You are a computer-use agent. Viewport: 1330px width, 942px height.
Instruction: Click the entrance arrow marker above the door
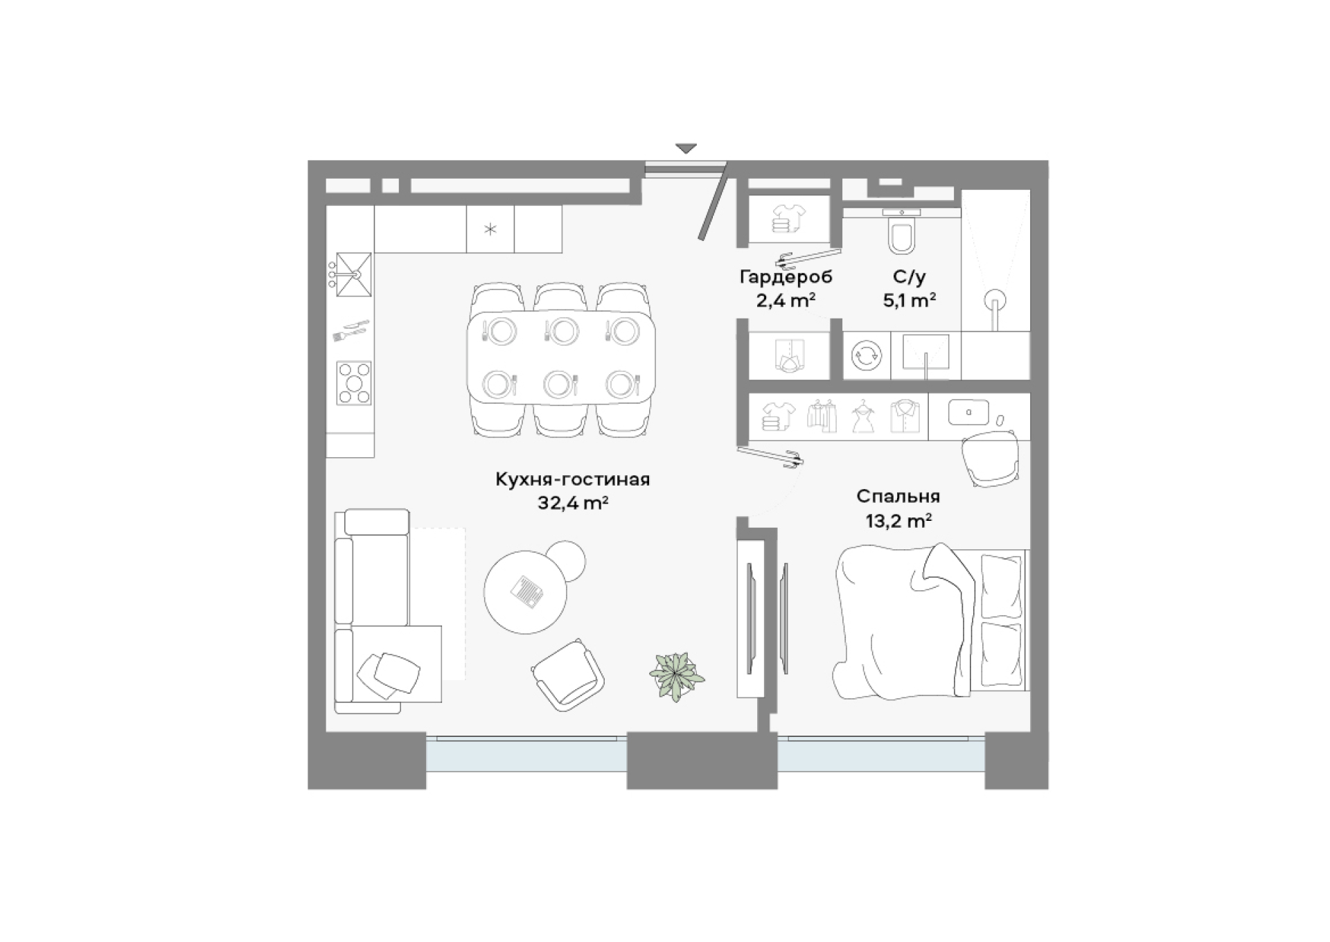coord(686,149)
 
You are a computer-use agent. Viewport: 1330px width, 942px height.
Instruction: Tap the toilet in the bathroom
coord(901,231)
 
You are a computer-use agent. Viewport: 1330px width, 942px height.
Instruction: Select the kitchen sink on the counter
coord(353,274)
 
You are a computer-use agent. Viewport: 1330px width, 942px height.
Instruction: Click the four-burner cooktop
coord(354,383)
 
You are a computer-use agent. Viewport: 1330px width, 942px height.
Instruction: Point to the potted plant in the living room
coord(676,675)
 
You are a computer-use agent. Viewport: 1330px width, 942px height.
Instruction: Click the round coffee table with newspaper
coord(525,592)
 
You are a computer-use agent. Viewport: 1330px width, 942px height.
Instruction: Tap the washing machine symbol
coord(866,356)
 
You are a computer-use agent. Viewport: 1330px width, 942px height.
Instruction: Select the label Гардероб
coord(786,277)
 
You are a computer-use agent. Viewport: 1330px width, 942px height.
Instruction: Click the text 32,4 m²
coord(572,503)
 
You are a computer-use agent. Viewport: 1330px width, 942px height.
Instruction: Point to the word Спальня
coord(898,497)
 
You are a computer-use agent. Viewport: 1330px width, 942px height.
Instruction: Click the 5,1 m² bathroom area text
coord(909,301)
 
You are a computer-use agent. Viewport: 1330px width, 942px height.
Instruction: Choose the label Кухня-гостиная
coord(572,479)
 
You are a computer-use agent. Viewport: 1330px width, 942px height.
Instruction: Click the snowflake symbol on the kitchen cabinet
coord(490,229)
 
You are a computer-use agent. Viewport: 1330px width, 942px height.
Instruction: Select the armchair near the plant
coord(568,674)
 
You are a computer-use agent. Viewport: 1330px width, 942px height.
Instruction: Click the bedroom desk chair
coord(991,457)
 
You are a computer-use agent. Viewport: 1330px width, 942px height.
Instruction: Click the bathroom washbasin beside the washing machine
coord(925,353)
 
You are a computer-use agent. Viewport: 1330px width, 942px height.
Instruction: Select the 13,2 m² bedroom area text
coord(898,521)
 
